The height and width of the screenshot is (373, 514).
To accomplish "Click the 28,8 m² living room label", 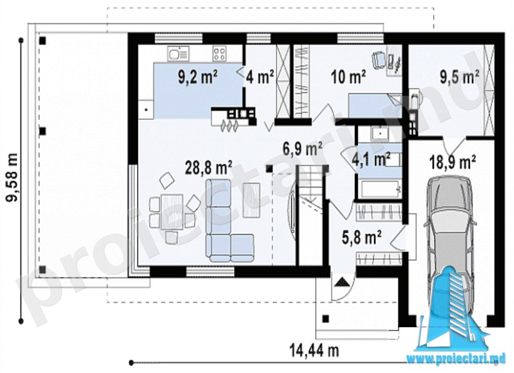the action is click(210, 168).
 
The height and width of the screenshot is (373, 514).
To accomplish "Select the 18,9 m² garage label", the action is click(453, 162).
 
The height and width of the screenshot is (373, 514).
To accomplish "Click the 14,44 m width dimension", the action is click(314, 350).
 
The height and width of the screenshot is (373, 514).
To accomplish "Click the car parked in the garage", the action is click(450, 244).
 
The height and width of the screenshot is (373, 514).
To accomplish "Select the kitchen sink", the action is click(179, 53).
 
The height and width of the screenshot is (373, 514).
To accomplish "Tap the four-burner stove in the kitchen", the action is click(219, 53).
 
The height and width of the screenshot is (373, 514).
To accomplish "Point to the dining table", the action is click(172, 211).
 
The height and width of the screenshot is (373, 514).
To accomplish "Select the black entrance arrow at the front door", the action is click(342, 282).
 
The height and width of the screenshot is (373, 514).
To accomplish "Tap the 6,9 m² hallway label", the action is click(302, 149).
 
